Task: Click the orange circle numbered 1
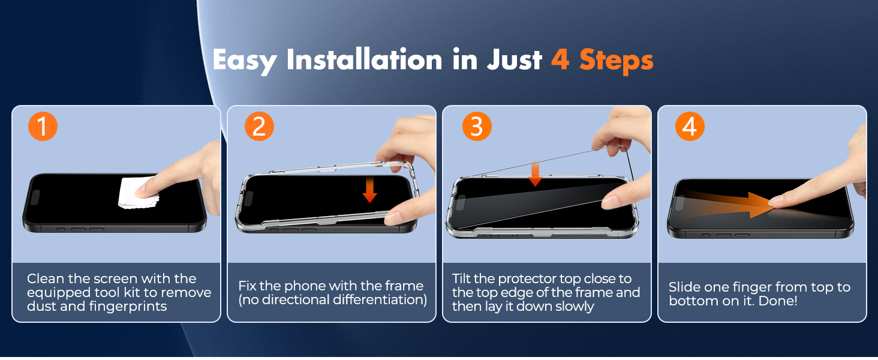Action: [x=43, y=127]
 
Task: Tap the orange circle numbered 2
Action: [x=259, y=127]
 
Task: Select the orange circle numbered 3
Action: [x=477, y=127]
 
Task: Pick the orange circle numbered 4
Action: [x=690, y=127]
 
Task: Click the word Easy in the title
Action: [x=245, y=61]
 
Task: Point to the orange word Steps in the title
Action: [x=616, y=61]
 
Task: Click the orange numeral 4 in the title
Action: [x=560, y=60]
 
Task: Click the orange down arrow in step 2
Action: [x=370, y=189]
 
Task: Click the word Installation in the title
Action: [x=364, y=61]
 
